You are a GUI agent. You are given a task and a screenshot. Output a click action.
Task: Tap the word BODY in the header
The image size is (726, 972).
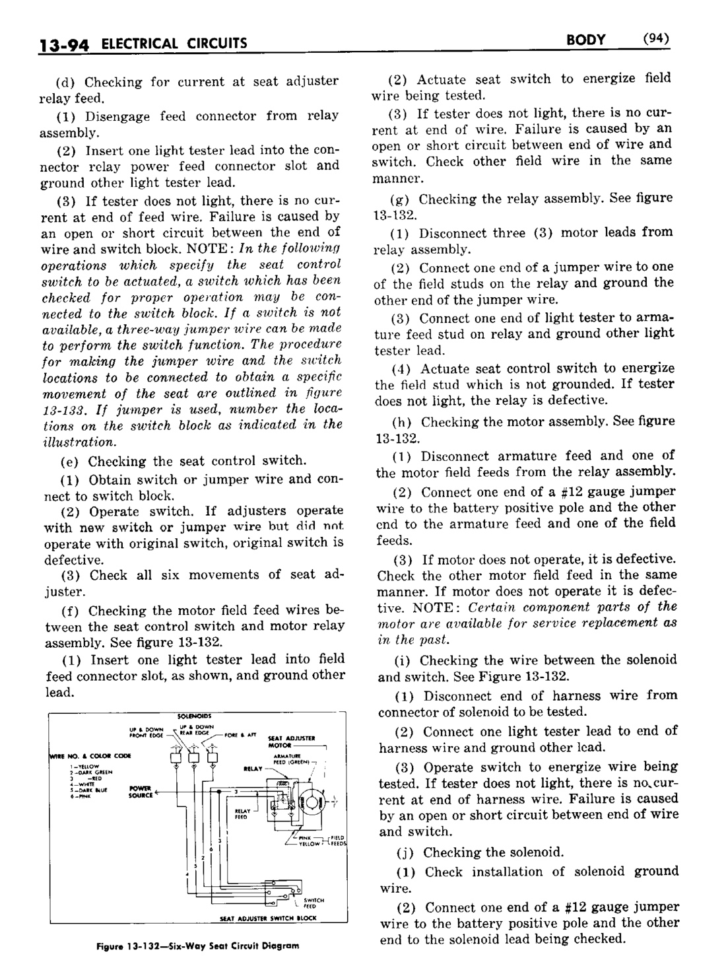click(x=585, y=40)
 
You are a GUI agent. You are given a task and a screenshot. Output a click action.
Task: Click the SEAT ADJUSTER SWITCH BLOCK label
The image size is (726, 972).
click(x=268, y=919)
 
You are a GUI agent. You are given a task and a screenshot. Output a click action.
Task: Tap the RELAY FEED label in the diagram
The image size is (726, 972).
click(x=241, y=814)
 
